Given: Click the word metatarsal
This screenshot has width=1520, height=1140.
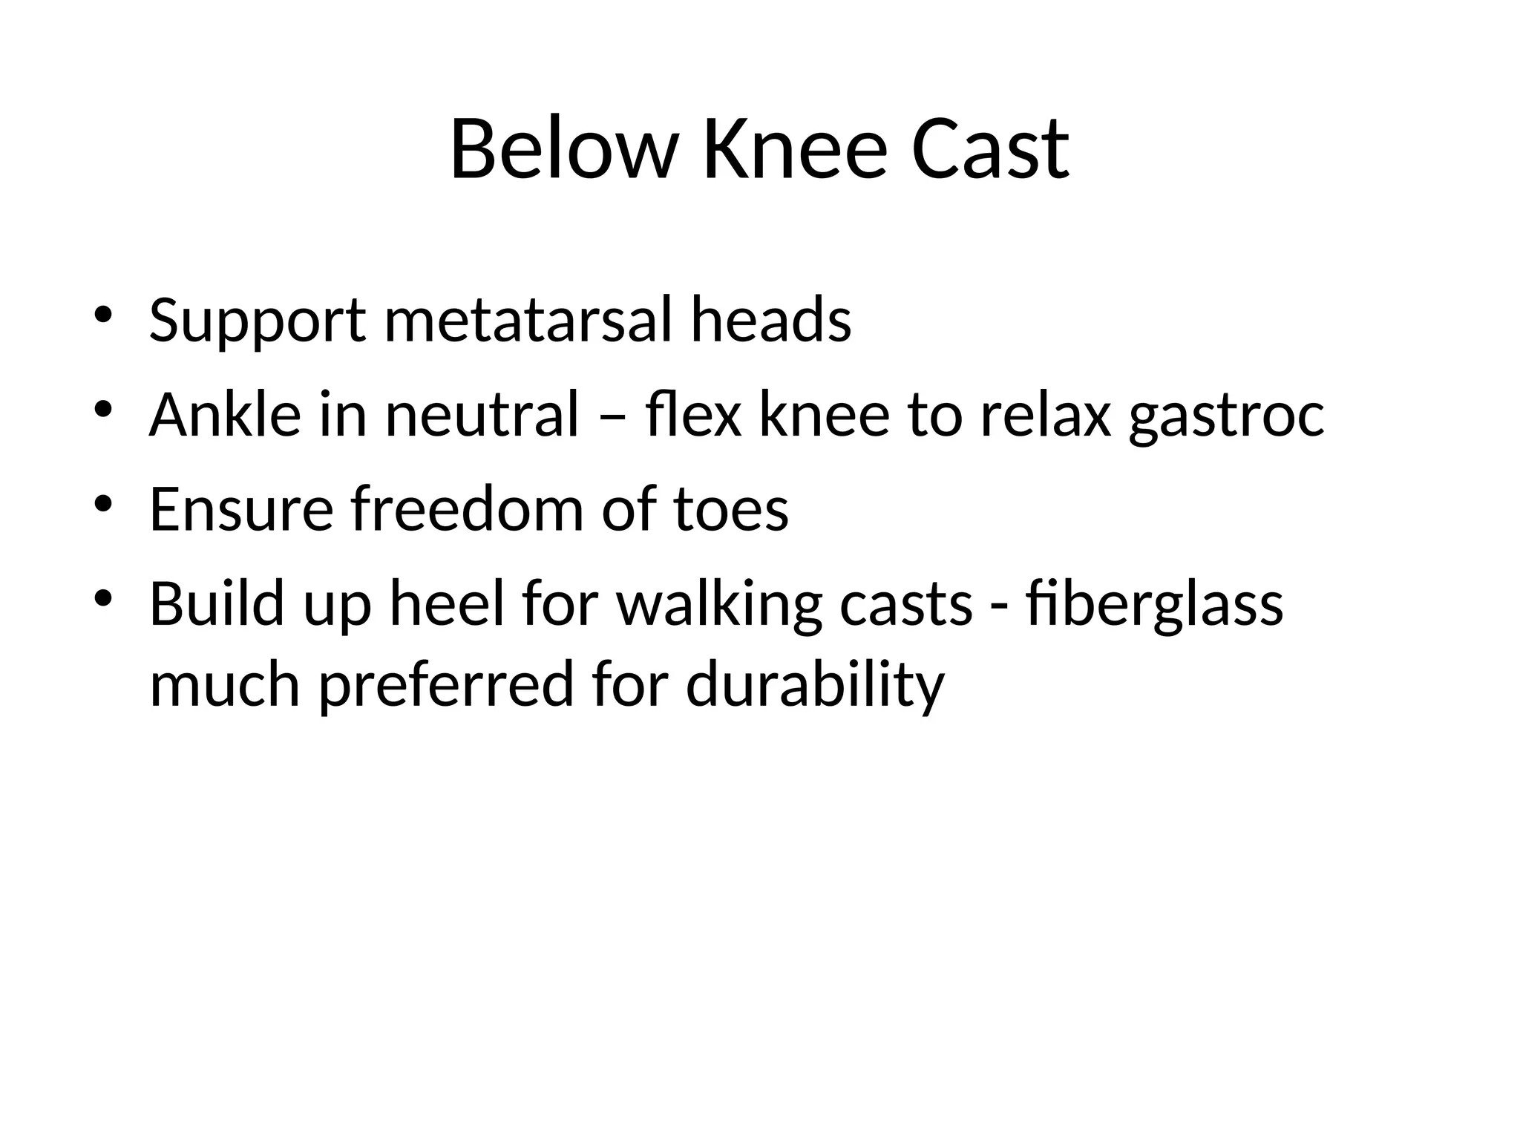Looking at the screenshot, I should pyautogui.click(x=531, y=321).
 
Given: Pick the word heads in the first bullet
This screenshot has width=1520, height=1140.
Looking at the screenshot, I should pyautogui.click(x=770, y=321).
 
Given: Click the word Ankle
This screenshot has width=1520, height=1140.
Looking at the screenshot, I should pyautogui.click(x=225, y=415).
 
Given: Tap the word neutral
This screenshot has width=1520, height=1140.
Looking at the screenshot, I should pyautogui.click(x=481, y=415).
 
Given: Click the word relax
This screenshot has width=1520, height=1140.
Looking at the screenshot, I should pyautogui.click(x=1045, y=415).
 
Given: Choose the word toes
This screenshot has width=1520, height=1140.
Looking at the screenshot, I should pyautogui.click(x=731, y=511).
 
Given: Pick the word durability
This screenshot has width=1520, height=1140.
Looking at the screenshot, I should pyautogui.click(x=815, y=684).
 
